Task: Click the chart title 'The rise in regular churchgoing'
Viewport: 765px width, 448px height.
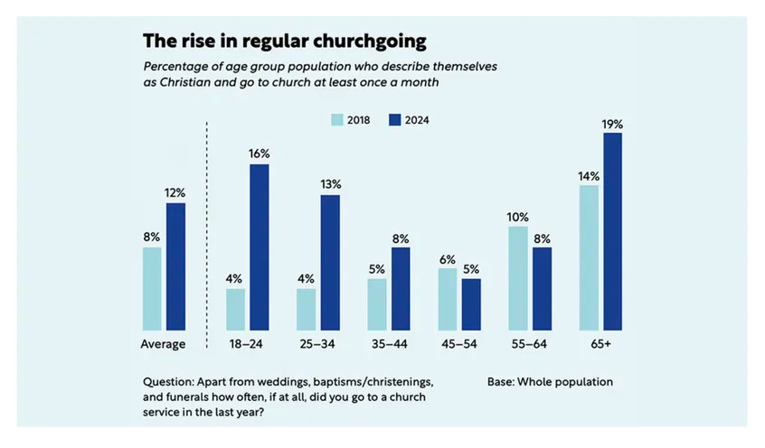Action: pos(284,42)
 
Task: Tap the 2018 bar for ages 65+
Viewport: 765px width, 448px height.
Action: pos(589,257)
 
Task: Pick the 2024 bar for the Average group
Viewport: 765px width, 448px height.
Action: pos(175,266)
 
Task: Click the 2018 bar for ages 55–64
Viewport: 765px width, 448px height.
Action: pos(518,278)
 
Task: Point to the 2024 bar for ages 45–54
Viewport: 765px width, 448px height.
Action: pos(471,304)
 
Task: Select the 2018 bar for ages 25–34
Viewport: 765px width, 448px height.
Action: pos(306,309)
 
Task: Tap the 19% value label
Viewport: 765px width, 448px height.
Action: pos(612,124)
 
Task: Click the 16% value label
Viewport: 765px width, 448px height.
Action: pos(260,154)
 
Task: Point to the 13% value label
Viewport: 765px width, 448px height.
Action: pos(330,185)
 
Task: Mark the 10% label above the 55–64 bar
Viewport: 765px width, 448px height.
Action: pos(518,217)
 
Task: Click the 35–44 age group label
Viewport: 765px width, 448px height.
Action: pos(389,344)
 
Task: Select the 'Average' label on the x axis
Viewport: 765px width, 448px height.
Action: pos(164,344)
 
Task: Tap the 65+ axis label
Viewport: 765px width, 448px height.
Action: pos(600,344)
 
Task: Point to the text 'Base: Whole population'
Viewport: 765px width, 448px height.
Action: pos(550,381)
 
